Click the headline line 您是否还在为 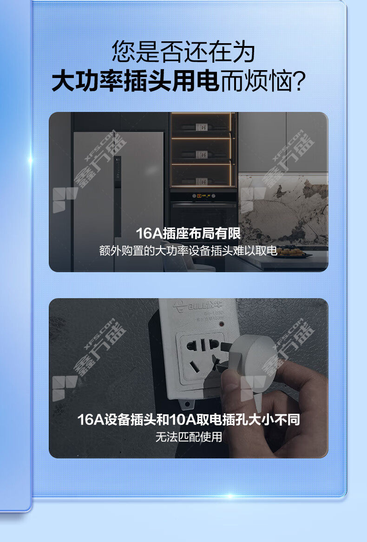click(183, 52)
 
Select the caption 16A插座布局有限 click(188, 233)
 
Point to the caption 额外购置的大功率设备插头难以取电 click(188, 251)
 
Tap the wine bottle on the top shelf click(201, 127)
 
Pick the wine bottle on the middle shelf click(201, 154)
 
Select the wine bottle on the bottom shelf click(201, 181)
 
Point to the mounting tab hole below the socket click(187, 404)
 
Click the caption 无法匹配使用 click(189, 437)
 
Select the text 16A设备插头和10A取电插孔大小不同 click(188, 420)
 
